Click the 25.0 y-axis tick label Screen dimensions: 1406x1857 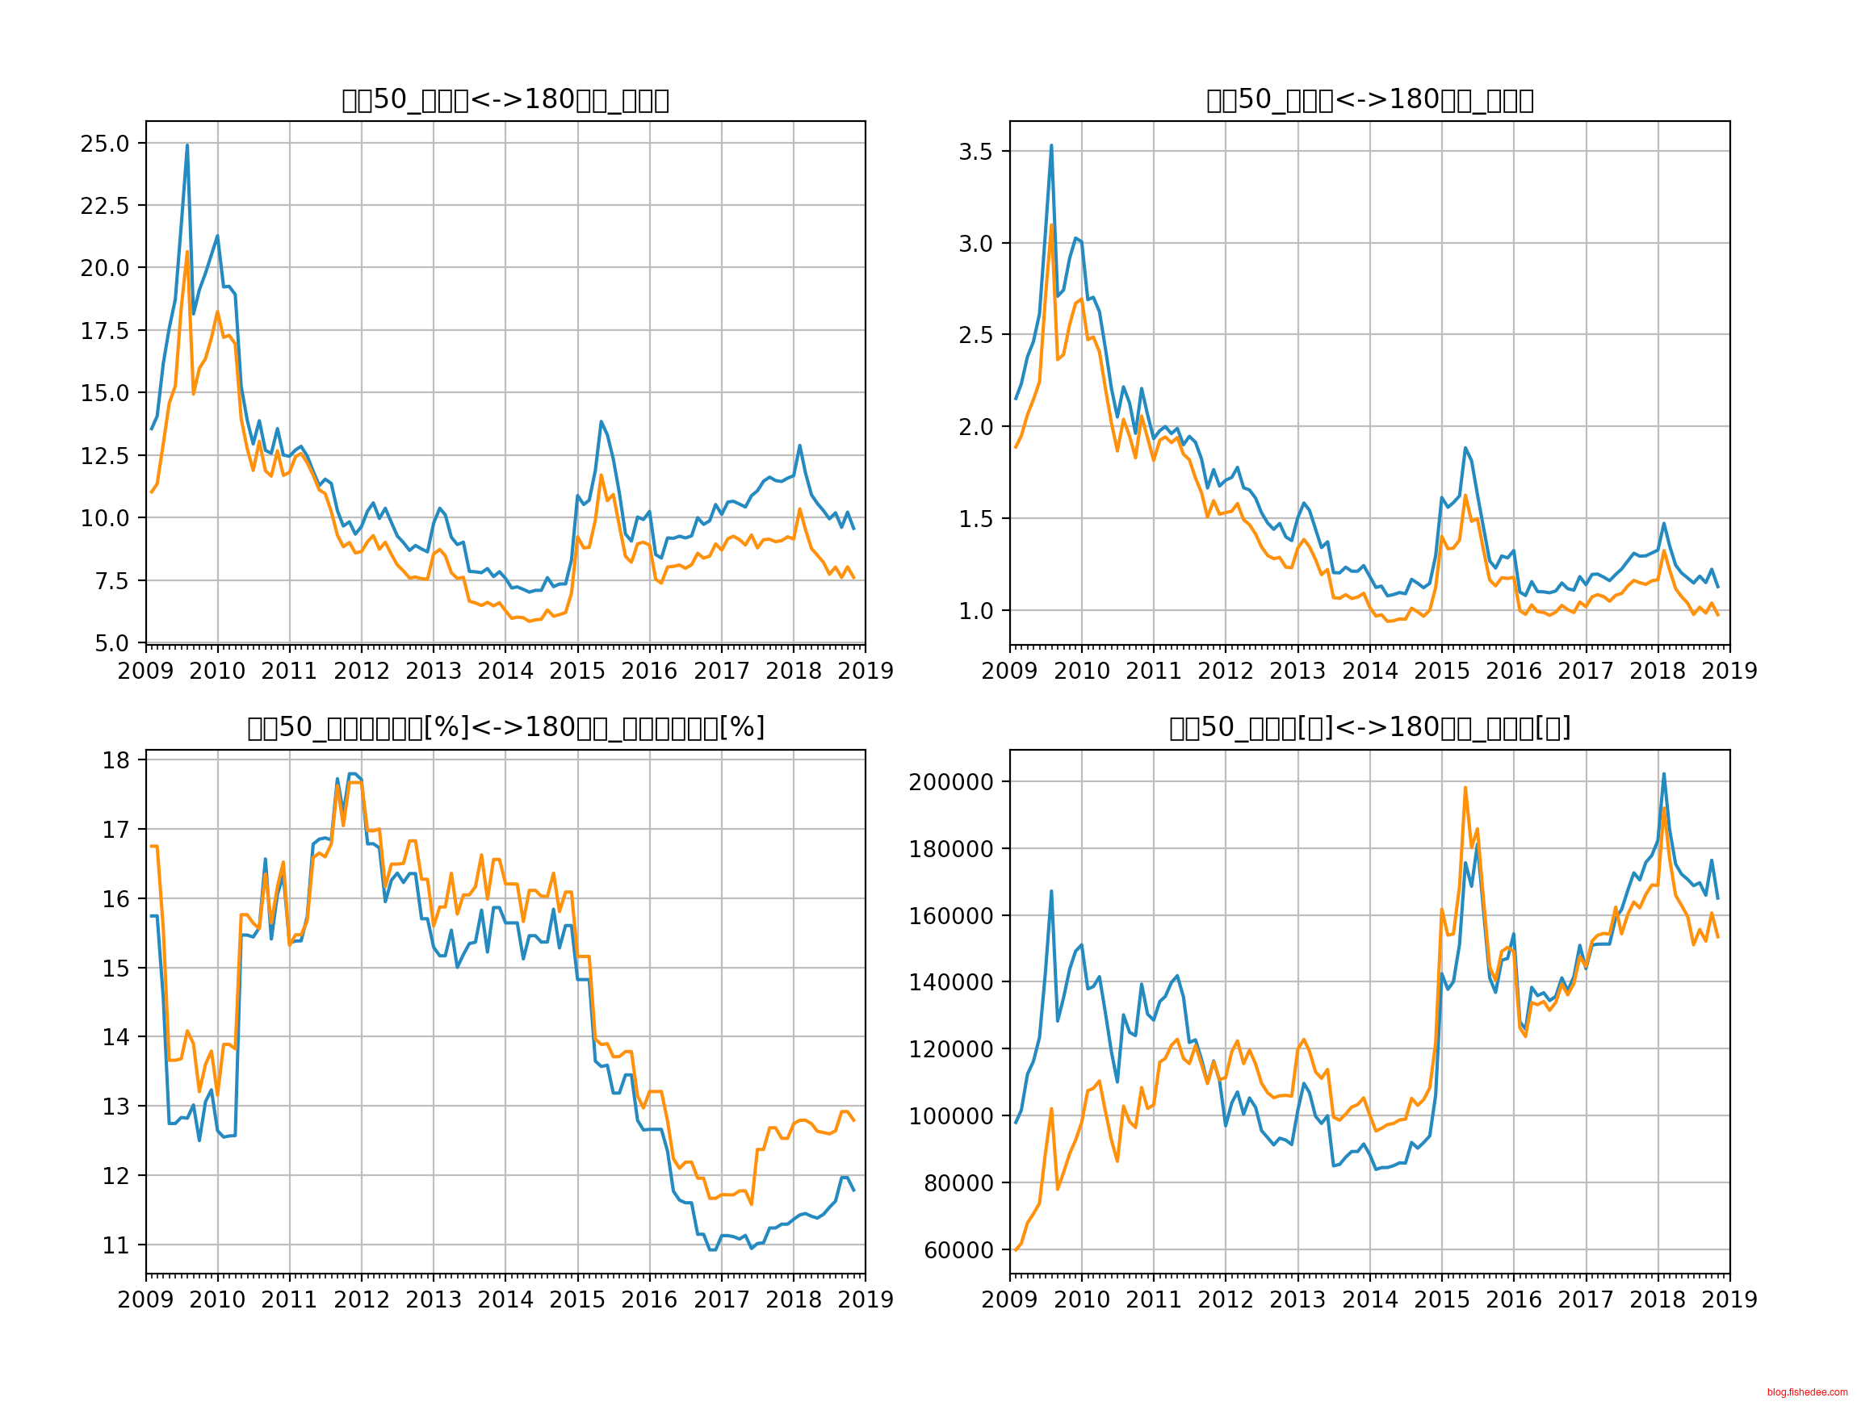(105, 144)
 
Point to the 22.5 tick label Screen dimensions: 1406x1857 (105, 206)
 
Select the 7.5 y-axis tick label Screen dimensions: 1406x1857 (111, 581)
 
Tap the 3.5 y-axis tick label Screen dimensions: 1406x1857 (975, 152)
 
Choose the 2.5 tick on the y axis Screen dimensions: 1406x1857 (975, 335)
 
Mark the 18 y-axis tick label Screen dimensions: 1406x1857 (115, 760)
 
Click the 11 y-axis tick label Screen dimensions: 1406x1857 (115, 1245)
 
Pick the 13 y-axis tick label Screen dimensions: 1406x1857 (115, 1107)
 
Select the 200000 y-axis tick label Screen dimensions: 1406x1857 (949, 782)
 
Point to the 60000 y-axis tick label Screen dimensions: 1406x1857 (956, 1251)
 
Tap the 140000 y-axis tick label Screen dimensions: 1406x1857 (949, 982)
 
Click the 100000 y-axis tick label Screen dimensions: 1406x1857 (949, 1116)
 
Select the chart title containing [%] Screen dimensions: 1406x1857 (505, 728)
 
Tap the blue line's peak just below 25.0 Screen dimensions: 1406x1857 (187, 145)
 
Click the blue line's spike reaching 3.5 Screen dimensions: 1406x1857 (1051, 146)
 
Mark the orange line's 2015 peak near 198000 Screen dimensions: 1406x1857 (1465, 788)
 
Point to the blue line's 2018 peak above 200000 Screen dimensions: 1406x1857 (1664, 774)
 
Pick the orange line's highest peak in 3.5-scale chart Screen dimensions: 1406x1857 (1051, 225)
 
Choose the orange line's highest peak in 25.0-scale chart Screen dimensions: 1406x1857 (187, 252)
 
